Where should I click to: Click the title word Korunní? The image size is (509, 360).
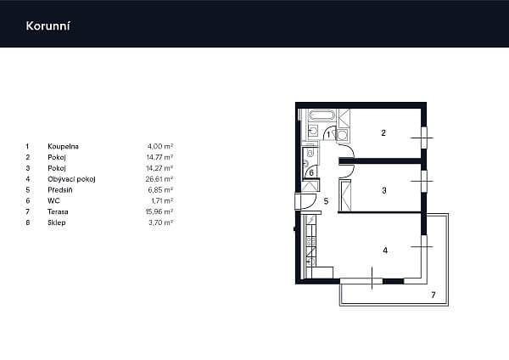(x=48, y=26)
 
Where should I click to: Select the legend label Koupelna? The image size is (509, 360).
(x=63, y=146)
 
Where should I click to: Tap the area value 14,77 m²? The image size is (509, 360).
(x=159, y=157)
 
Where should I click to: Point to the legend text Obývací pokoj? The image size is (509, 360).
(x=71, y=179)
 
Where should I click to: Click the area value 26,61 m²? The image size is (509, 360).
(x=159, y=179)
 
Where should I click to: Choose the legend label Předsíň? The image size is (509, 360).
(x=60, y=189)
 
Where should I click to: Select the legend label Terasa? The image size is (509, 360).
(x=58, y=211)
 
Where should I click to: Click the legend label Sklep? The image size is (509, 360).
(x=57, y=222)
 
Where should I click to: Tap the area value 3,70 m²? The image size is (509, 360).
(x=160, y=222)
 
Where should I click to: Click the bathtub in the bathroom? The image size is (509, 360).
(x=322, y=115)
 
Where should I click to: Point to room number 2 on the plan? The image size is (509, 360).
(x=383, y=133)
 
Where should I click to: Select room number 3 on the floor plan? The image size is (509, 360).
(x=384, y=190)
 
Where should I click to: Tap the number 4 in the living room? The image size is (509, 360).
(x=385, y=250)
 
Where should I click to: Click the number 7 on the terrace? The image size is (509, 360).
(x=433, y=295)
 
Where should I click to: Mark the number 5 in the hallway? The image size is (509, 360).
(x=327, y=201)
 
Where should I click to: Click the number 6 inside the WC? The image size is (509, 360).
(x=311, y=173)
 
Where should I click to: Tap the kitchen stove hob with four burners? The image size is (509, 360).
(x=310, y=241)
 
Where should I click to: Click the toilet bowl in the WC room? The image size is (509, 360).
(x=310, y=153)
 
